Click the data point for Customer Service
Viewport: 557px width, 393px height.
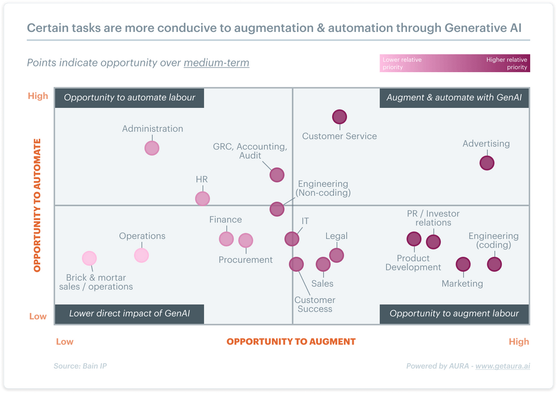339,117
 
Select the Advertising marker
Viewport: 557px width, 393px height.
487,163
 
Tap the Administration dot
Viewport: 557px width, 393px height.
152,148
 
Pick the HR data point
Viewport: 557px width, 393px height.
203,199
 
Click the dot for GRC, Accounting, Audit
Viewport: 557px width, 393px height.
277,175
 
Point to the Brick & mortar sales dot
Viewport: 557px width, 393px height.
90,258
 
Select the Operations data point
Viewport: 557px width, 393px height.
141,255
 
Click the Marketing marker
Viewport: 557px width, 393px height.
463,265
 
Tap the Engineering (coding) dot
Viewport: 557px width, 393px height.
494,265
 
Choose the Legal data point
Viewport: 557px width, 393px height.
336,255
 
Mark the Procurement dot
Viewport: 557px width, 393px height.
245,240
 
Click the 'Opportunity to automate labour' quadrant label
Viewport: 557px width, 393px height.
129,97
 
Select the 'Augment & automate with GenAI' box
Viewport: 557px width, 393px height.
454,97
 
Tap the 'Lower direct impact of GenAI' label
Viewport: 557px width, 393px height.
129,314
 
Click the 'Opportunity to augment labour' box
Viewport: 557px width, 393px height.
454,314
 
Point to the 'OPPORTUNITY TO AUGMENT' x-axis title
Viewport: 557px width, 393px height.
291,341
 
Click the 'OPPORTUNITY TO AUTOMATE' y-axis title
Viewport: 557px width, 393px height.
37,205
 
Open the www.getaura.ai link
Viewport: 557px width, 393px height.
502,366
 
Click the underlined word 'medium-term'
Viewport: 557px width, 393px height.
216,63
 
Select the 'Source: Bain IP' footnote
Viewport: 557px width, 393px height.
80,366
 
